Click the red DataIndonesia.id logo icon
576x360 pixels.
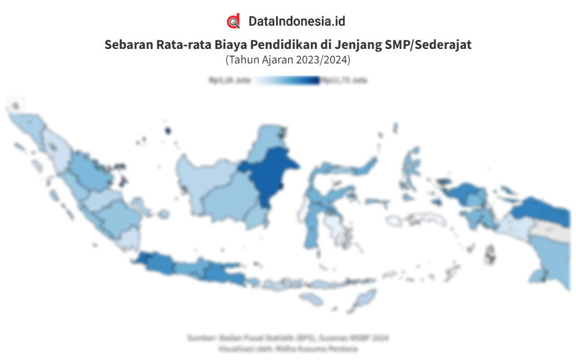click(233, 22)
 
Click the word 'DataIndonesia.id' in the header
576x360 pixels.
click(296, 22)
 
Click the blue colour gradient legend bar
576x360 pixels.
click(287, 80)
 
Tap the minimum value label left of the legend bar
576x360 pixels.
click(229, 80)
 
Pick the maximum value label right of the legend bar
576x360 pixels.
click(344, 80)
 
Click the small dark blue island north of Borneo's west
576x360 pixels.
click(167, 130)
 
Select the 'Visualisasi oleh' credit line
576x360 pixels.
click(289, 349)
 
